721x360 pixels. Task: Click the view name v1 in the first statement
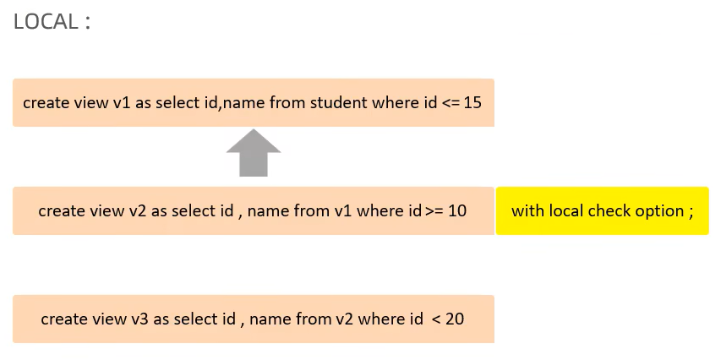(x=122, y=102)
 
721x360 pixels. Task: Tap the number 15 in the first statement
(x=472, y=102)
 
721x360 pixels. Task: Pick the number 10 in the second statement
(x=456, y=210)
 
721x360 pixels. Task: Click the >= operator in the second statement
(x=434, y=210)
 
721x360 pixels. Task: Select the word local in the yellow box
(x=566, y=210)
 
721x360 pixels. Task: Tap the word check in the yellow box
(x=609, y=210)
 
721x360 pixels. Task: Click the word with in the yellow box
(x=527, y=210)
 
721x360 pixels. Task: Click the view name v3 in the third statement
(x=140, y=319)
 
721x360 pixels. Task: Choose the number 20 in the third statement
(x=454, y=319)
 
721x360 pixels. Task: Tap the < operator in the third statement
(x=434, y=319)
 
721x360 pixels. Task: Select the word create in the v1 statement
(x=47, y=102)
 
